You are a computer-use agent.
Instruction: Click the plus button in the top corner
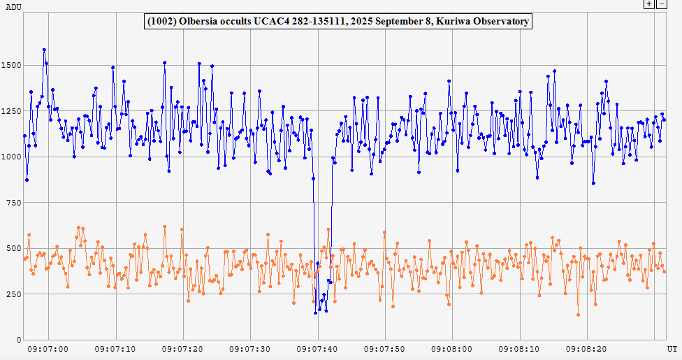[x=649, y=4]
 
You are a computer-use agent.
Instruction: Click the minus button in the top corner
[x=660, y=4]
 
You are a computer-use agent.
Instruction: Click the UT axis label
[x=672, y=348]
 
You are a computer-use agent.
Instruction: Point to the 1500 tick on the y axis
[x=12, y=66]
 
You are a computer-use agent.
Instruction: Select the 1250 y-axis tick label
[x=12, y=111]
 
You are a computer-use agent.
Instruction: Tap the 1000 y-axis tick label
[x=12, y=157]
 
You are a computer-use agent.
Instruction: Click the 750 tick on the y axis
[x=14, y=203]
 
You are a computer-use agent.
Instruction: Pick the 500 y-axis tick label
[x=14, y=248]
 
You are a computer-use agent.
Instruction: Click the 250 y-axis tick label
[x=14, y=294]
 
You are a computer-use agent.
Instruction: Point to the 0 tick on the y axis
[x=19, y=340]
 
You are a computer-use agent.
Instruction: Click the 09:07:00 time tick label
[x=48, y=348]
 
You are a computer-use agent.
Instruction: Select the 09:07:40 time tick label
[x=318, y=348]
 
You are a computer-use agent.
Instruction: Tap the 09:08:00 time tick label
[x=453, y=348]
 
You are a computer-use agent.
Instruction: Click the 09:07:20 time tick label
[x=183, y=348]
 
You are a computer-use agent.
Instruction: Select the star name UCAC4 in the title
[x=269, y=22]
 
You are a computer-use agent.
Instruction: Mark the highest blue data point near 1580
[x=44, y=50]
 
